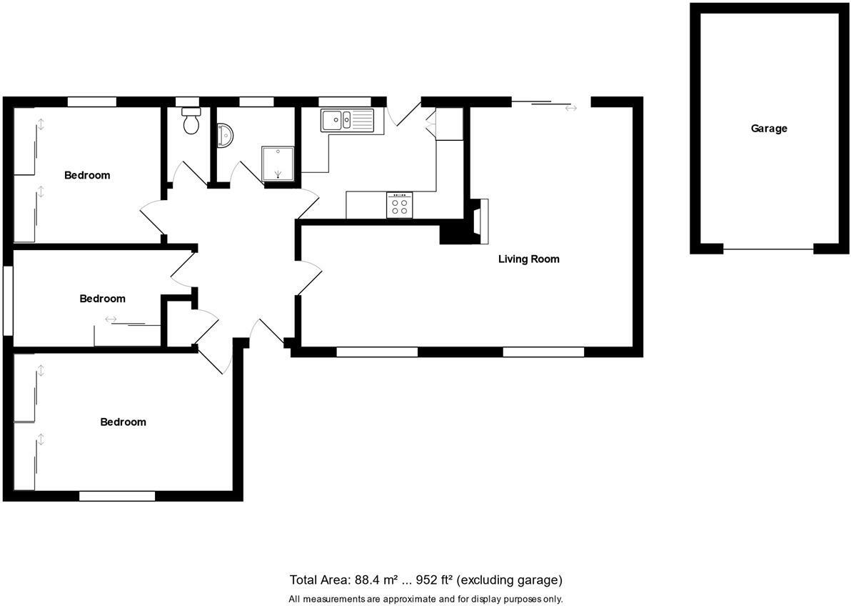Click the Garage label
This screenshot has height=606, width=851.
coord(769,129)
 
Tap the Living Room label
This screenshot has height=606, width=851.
coord(528,259)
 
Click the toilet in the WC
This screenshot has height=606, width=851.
coord(191,122)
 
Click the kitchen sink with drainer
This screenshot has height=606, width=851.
coord(347,120)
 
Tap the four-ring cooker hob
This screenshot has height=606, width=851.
coord(399,206)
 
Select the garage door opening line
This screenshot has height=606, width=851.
coord(768,249)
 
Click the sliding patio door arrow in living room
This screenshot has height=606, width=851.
coord(570,109)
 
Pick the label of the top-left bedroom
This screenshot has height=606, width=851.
coord(87,175)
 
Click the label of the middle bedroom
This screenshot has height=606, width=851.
coord(102,299)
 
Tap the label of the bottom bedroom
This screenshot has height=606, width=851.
coord(123,422)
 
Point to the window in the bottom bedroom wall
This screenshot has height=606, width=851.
coord(117,496)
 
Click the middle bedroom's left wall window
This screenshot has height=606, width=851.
coord(8,300)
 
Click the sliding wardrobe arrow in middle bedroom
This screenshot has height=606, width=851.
coord(111,319)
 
